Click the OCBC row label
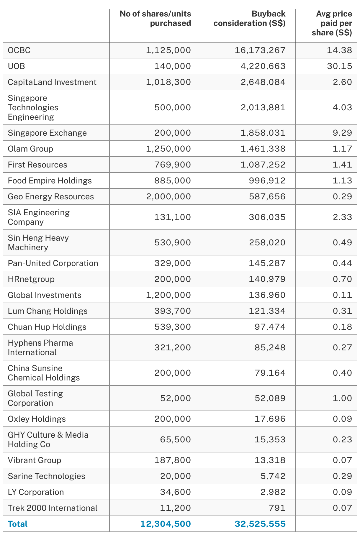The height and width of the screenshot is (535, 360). point(19,50)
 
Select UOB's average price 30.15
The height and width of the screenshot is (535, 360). point(339,66)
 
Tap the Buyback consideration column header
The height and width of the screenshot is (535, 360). point(249,19)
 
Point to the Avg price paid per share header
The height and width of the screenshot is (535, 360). point(332,23)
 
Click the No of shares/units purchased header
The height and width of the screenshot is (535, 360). point(155,19)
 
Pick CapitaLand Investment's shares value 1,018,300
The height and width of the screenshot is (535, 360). point(168,82)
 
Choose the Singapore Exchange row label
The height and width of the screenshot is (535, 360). point(47,133)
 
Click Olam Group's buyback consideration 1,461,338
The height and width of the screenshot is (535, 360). point(263,149)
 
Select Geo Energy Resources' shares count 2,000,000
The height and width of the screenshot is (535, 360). point(168,196)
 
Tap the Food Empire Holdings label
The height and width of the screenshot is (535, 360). point(50,180)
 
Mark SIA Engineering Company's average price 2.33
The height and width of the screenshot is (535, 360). point(342,217)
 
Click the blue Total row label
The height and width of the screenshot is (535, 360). point(17,524)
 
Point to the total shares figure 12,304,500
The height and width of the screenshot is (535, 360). point(166,524)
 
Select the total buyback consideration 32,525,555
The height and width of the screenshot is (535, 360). point(260,524)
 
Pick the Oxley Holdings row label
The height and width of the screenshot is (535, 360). point(37,419)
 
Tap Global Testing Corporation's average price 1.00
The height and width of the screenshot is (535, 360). point(342,398)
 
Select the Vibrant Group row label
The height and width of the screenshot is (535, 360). point(34,460)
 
